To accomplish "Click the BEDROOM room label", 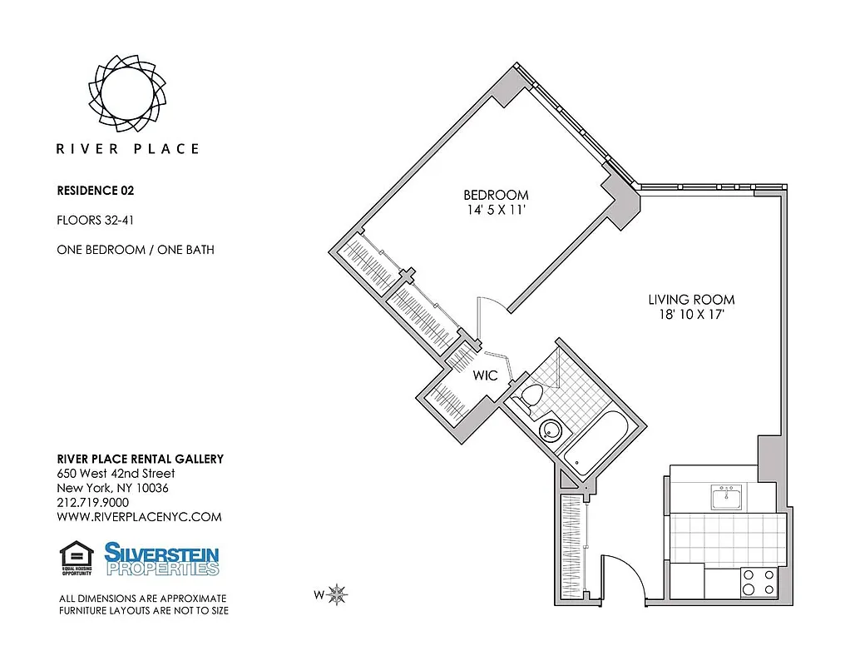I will click(496, 196).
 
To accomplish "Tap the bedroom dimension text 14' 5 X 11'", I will click(496, 211).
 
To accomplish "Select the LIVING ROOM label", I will click(691, 300).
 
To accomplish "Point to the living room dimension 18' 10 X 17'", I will click(691, 315).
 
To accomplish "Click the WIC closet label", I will click(485, 375).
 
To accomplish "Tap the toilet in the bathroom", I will click(527, 397).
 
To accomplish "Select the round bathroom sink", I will click(550, 430).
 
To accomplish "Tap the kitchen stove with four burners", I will click(758, 581).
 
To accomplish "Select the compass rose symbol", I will click(338, 594).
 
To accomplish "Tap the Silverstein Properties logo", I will click(161, 559).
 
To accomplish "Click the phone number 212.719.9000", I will click(92, 502).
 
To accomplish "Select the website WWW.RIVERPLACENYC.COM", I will click(139, 516).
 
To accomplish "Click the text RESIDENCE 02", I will click(95, 190).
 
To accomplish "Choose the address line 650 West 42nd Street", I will click(116, 474).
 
